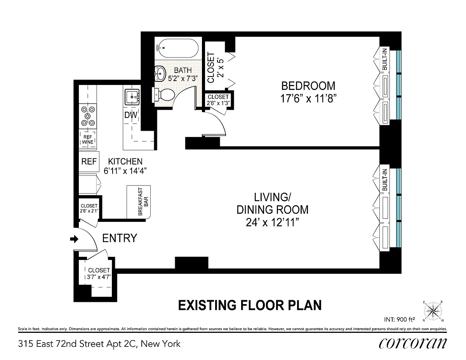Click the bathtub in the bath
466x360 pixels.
(x=177, y=48)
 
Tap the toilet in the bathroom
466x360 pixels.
(x=163, y=95)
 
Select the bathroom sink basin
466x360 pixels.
(x=160, y=73)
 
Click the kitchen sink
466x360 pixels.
(x=132, y=97)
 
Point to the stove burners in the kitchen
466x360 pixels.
(x=88, y=116)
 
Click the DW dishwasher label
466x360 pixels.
(x=130, y=115)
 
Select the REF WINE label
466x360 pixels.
(x=88, y=139)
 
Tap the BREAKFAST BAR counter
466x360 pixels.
(x=139, y=202)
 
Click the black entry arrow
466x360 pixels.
(x=74, y=239)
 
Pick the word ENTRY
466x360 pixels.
(x=120, y=238)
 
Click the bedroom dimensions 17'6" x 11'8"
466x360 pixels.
(x=308, y=99)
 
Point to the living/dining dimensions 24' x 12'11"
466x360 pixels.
(x=272, y=223)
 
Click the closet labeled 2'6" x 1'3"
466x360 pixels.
(x=218, y=100)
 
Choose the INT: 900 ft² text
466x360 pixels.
(x=399, y=320)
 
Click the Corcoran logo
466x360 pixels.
(x=412, y=344)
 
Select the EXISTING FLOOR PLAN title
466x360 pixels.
(x=250, y=305)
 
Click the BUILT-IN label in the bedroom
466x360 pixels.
(x=385, y=59)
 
